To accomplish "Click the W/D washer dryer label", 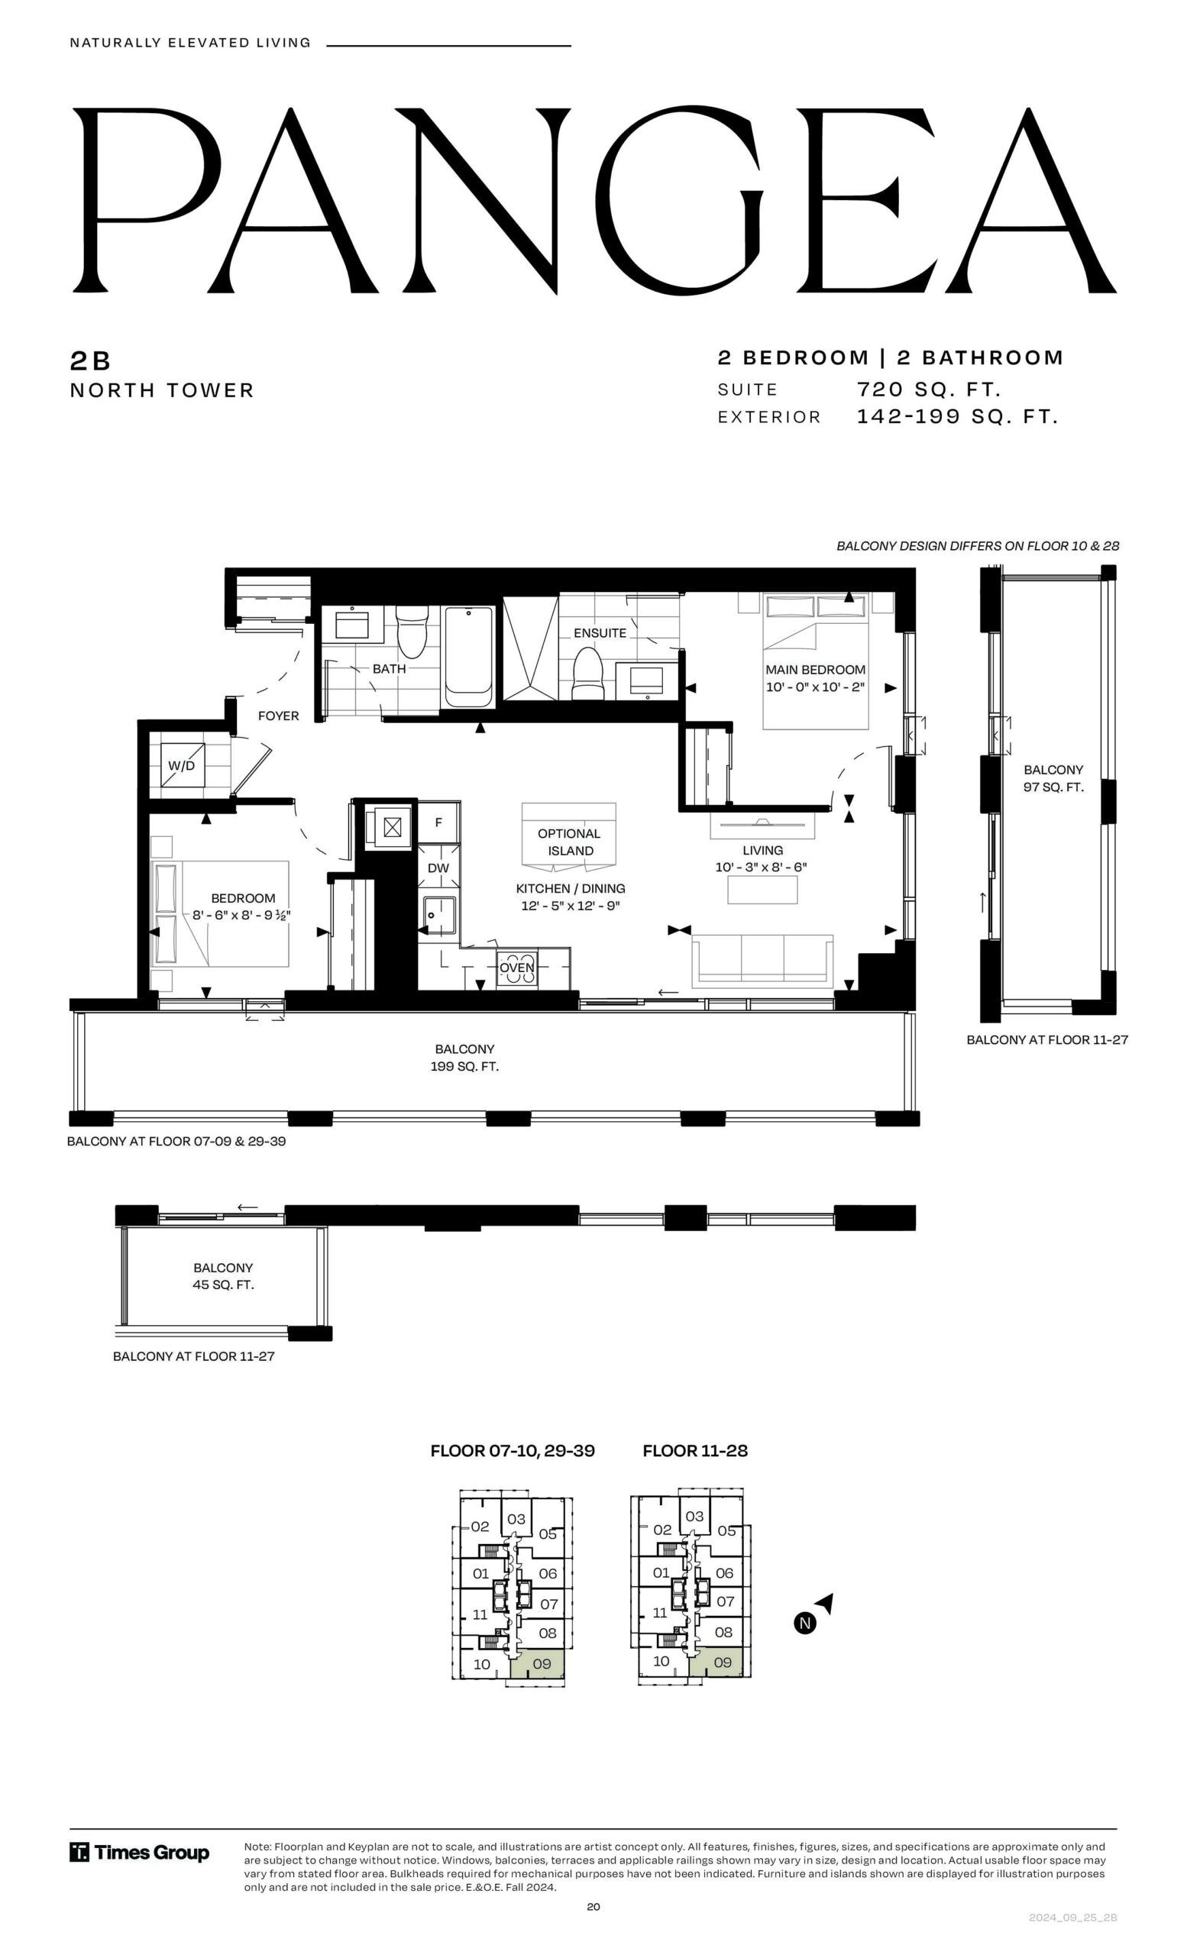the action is (x=181, y=766).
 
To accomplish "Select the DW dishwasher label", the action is (x=438, y=868).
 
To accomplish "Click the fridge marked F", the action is (x=438, y=822).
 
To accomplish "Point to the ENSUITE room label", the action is (x=600, y=633).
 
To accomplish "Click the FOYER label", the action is (x=279, y=716).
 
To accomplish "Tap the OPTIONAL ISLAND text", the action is (x=569, y=842).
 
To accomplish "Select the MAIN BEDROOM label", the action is (x=815, y=670).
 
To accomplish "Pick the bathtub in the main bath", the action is (x=468, y=656).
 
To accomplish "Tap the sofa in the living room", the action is (x=762, y=960).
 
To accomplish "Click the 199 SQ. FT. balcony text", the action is (x=465, y=1066).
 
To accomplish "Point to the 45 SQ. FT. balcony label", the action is (x=223, y=1284).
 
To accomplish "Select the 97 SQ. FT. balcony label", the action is (x=1053, y=787).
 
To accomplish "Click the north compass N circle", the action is (x=804, y=1624).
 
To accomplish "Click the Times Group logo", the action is (x=140, y=1853).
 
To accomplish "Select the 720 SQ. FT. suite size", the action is (x=928, y=389).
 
